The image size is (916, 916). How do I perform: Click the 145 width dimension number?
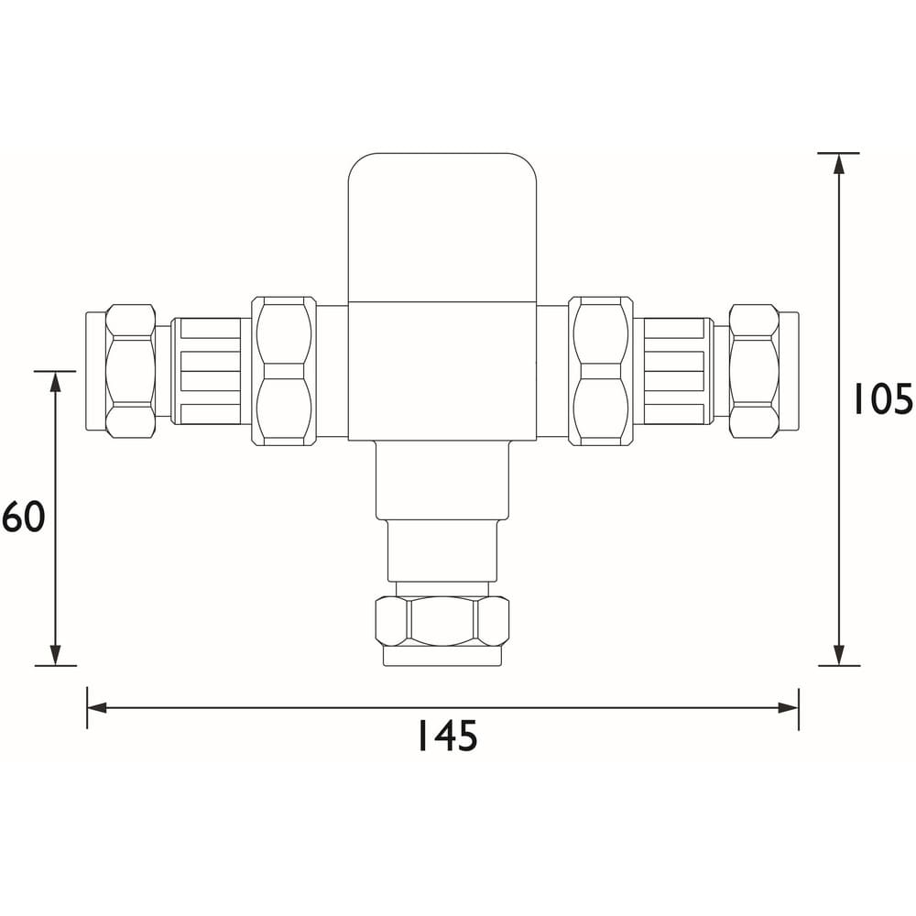(x=447, y=736)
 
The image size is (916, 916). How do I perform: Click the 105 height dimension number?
(x=883, y=399)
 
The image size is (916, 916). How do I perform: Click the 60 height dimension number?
(x=24, y=518)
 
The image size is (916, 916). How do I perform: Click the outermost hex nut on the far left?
(x=130, y=371)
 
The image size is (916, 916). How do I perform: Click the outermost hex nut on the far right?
(x=754, y=371)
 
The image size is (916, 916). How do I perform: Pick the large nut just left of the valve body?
(x=283, y=371)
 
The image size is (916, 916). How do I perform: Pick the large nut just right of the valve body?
(x=600, y=371)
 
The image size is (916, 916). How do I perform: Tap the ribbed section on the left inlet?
(x=206, y=371)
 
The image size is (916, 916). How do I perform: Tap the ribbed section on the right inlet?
(x=678, y=371)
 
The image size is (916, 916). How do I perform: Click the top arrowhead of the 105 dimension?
(x=838, y=163)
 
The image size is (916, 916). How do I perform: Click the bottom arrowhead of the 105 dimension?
(x=838, y=655)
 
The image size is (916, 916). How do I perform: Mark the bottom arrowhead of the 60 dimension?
(x=55, y=655)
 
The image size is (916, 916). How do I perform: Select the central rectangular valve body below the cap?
(x=442, y=371)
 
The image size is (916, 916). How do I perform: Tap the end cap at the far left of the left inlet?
(x=95, y=371)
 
